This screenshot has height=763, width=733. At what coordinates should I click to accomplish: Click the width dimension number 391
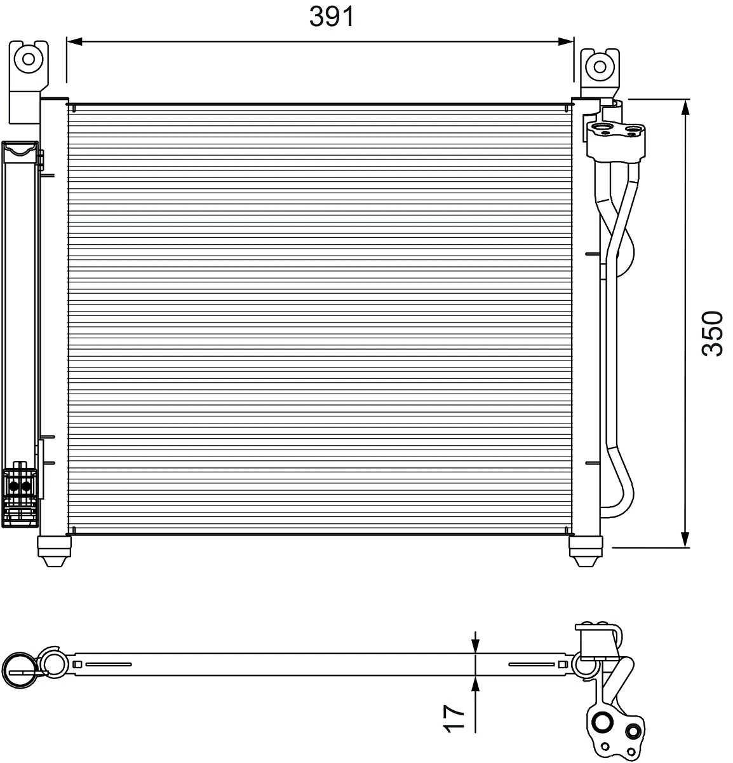[332, 17]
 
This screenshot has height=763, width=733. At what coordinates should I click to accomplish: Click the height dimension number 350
[712, 333]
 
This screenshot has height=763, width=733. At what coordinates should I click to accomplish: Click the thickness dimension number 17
[455, 718]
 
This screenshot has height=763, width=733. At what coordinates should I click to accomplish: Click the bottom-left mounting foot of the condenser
[54, 551]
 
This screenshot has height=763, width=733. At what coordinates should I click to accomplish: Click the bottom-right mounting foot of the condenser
[585, 551]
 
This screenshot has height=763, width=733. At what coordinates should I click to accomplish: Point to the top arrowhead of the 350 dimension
[685, 107]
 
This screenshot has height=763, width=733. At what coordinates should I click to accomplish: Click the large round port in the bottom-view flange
[601, 722]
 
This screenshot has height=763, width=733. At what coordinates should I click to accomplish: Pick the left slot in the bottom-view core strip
[108, 664]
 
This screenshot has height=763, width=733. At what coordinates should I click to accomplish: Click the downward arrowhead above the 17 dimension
[475, 645]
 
